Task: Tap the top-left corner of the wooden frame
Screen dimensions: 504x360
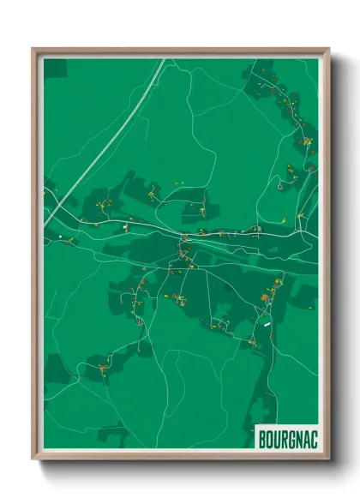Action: tap(33, 50)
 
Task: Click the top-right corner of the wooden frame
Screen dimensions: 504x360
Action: tap(328, 50)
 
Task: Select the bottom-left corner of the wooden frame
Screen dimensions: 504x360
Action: tap(33, 459)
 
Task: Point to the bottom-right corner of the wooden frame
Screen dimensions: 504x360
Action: tap(328, 459)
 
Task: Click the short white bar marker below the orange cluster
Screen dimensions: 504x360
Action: tap(267, 324)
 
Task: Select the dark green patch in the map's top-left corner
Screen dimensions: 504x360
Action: tap(53, 67)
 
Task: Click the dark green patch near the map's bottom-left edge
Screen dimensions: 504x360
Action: tap(56, 369)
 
